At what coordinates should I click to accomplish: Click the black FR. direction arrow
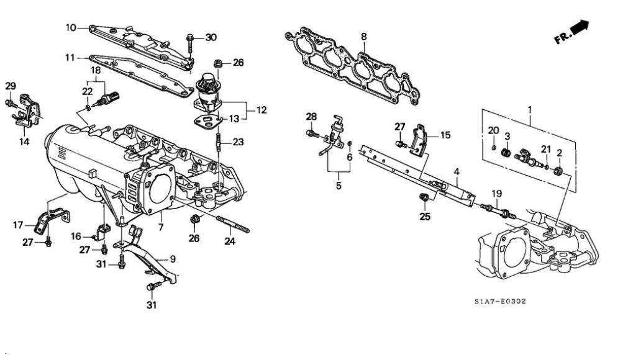tap(579, 27)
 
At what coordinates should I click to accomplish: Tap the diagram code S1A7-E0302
tap(500, 301)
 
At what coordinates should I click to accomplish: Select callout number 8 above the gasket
tap(363, 37)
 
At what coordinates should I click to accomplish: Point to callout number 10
tap(71, 27)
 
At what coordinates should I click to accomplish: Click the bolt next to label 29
tap(11, 104)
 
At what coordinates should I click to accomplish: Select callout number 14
tap(24, 141)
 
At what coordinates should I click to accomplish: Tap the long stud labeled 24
tap(233, 225)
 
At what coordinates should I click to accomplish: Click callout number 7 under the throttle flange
tap(161, 228)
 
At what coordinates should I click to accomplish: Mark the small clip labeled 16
tap(102, 232)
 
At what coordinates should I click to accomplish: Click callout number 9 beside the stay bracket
tap(173, 259)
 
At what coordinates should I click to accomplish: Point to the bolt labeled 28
tap(312, 133)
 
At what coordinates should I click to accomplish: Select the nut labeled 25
tap(424, 197)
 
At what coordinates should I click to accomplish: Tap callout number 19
tap(497, 194)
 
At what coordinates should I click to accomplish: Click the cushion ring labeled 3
tap(507, 153)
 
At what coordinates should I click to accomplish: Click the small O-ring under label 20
tap(494, 148)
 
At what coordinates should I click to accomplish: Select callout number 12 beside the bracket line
tap(262, 110)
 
